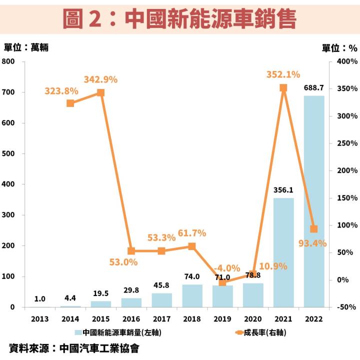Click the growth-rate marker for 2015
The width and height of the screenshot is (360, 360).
click(100, 92)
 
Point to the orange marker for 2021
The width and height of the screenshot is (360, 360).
click(283, 88)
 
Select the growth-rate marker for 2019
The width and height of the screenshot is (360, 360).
click(222, 282)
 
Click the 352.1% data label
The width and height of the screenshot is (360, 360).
click(283, 74)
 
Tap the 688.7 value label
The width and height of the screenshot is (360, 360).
click(314, 87)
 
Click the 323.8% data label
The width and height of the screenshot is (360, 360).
click(61, 91)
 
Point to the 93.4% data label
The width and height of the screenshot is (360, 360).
click(312, 243)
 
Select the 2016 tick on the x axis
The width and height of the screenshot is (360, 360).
click(131, 318)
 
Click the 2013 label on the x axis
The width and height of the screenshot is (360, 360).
click(40, 318)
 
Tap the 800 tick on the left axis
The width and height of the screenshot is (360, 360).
click(9, 61)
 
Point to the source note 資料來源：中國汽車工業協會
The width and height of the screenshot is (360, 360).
click(73, 348)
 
